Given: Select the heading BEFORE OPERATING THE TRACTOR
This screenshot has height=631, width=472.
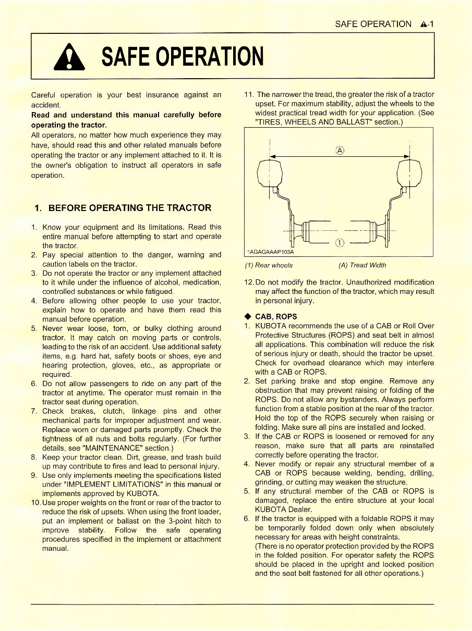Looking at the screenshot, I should click(x=123, y=208).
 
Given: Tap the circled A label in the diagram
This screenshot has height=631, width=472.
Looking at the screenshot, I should click(x=340, y=150).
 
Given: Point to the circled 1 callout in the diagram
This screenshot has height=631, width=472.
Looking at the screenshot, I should click(x=339, y=242).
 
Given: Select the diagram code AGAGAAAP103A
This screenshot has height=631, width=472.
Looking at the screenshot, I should click(x=270, y=252).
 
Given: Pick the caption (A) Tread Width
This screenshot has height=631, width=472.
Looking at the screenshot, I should click(x=362, y=266).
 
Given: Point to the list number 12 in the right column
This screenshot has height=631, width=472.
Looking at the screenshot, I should click(x=249, y=282).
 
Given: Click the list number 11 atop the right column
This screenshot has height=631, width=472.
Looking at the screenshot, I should click(x=249, y=94).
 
